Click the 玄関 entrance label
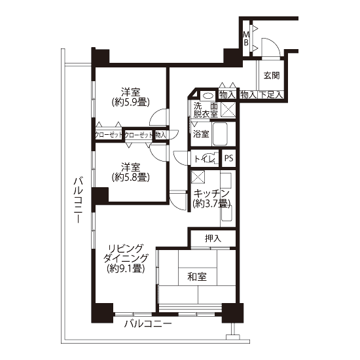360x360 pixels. tap(272, 75)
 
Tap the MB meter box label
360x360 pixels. tap(246, 39)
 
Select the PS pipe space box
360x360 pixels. tap(228, 158)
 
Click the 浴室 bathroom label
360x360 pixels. tap(201, 134)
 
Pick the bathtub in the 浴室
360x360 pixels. tap(220, 134)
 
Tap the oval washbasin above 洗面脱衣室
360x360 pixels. tap(208, 96)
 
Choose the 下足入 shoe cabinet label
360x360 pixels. tap(271, 95)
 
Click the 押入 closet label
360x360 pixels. tap(213, 238)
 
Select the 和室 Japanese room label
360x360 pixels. tap(197, 277)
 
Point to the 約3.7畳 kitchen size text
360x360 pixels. tap(211, 204)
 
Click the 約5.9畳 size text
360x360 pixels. tap(131, 102)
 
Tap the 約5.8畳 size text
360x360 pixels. tap(131, 177)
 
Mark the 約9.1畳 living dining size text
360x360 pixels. tap(126, 268)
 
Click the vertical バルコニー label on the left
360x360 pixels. tap(78, 200)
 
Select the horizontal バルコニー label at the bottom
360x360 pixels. tap(148, 324)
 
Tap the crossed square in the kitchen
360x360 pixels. tap(198, 177)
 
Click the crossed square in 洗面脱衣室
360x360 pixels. tap(228, 109)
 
